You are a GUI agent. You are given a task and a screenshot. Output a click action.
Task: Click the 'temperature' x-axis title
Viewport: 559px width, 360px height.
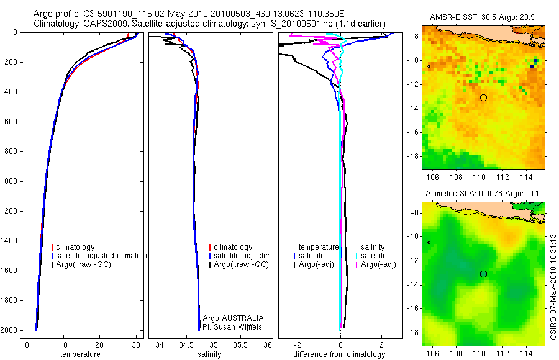80,354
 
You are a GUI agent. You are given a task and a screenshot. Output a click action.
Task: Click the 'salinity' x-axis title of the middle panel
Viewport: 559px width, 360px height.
209,354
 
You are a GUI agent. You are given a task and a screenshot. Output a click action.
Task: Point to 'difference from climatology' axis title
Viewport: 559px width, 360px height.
339,354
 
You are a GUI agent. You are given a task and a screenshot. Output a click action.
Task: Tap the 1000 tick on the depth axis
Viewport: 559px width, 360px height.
9,181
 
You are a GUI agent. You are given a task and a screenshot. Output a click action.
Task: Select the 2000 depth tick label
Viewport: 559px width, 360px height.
9,330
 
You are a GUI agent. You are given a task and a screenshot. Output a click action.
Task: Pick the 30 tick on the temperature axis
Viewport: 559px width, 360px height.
135,344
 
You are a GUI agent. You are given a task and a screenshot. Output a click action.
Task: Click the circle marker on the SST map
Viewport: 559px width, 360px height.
483,97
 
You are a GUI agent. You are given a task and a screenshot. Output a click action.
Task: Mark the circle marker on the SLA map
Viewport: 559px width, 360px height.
483,274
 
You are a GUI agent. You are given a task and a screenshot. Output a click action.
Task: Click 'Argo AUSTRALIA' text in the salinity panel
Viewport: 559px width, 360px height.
229,318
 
